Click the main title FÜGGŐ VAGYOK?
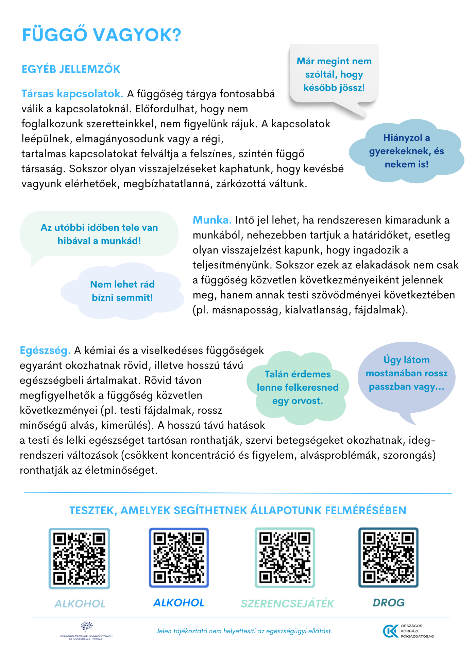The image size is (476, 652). click(101, 35)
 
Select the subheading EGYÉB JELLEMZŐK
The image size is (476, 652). click(71, 69)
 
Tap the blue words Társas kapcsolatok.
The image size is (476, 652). click(72, 94)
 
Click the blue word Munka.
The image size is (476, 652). click(212, 220)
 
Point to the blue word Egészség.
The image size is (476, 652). click(45, 350)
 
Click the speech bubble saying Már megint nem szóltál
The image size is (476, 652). click(334, 75)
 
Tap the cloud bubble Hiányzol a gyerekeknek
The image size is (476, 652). click(406, 151)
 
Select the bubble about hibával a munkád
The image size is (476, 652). click(99, 234)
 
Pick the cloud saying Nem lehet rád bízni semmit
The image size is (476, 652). click(122, 291)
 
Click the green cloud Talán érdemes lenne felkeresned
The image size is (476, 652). click(297, 388)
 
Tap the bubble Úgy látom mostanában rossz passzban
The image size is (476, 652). click(406, 373)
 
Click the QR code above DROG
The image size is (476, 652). click(388, 557)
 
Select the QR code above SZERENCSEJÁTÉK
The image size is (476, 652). click(285, 557)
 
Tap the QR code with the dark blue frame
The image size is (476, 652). click(178, 557)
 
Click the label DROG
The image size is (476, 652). click(389, 603)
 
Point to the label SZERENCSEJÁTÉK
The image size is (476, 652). click(287, 603)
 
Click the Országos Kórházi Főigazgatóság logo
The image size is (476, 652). click(408, 631)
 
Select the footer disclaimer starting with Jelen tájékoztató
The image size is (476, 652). click(244, 631)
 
